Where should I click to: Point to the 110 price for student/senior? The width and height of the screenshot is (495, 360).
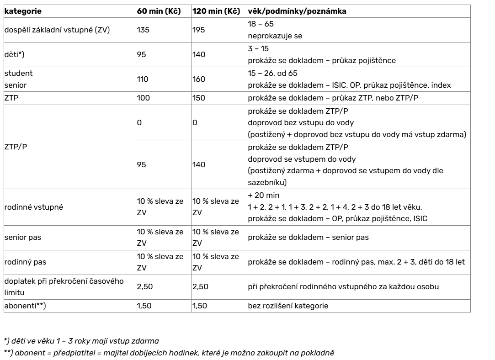[x=142, y=79]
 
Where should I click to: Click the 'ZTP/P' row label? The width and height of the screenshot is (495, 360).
[x=14, y=148]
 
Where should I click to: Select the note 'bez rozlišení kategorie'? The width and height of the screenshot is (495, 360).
[x=288, y=306]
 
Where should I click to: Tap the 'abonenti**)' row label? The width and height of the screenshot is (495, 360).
[x=25, y=306]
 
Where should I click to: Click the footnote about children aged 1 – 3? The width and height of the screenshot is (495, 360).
[x=81, y=341]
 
